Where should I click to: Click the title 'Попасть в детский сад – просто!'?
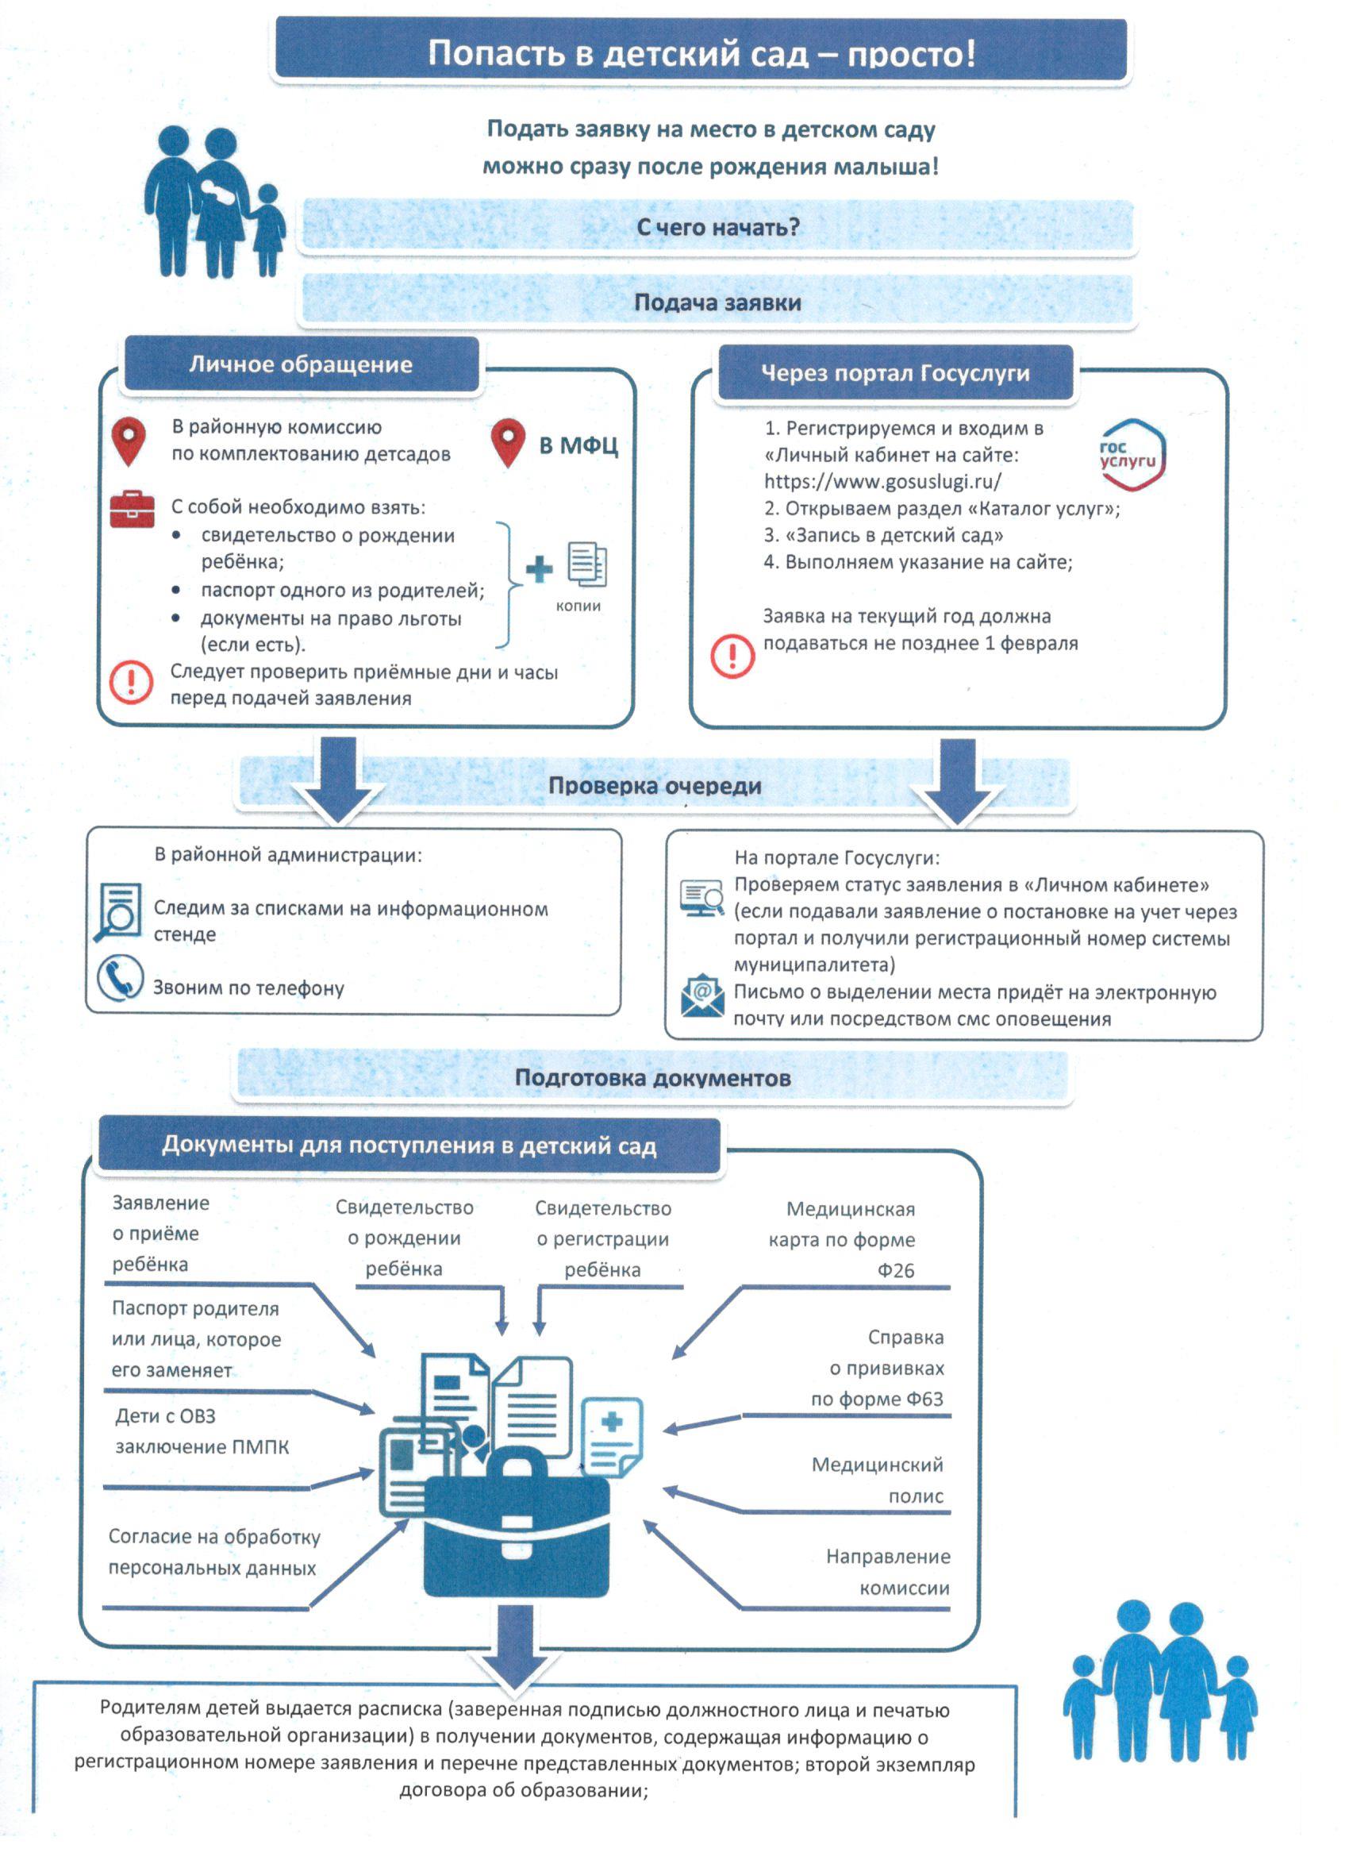tap(702, 53)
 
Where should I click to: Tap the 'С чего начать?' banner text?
tap(717, 227)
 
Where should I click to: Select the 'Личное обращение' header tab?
tap(301, 364)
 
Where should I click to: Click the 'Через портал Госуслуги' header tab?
tap(895, 373)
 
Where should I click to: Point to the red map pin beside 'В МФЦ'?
tap(508, 443)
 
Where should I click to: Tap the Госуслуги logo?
tap(1132, 455)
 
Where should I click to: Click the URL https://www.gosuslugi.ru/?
tap(882, 481)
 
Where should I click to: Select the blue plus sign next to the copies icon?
tap(538, 569)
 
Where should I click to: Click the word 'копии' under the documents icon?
tap(578, 606)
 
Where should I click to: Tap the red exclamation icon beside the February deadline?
tap(732, 656)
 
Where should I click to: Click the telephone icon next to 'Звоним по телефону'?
tap(120, 978)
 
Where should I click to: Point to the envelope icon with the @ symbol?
tap(702, 995)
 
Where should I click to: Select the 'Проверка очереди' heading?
tap(655, 786)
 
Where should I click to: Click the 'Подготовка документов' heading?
tap(653, 1078)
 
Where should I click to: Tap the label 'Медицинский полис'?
tap(877, 1480)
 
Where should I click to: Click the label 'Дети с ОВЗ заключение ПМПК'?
tap(202, 1431)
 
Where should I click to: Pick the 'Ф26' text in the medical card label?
tap(896, 1270)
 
